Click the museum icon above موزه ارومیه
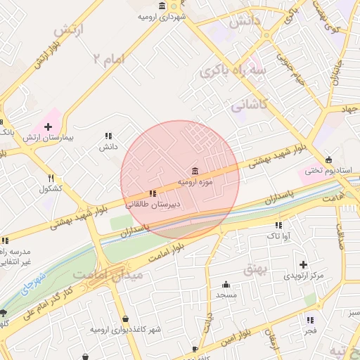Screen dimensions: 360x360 [195, 170]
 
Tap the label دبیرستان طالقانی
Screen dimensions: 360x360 [153, 205]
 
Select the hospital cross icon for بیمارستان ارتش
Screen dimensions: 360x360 [48, 127]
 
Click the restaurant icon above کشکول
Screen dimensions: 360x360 [51, 178]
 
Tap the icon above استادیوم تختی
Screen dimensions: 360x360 [329, 159]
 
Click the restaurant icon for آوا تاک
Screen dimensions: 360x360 [278, 226]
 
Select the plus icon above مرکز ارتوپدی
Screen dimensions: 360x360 [303, 264]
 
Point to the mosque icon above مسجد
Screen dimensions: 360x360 [226, 284]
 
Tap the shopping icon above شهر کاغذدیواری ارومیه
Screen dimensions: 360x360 [124, 319]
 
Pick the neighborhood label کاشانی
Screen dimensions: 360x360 [249, 105]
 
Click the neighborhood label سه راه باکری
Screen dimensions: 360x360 [233, 70]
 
